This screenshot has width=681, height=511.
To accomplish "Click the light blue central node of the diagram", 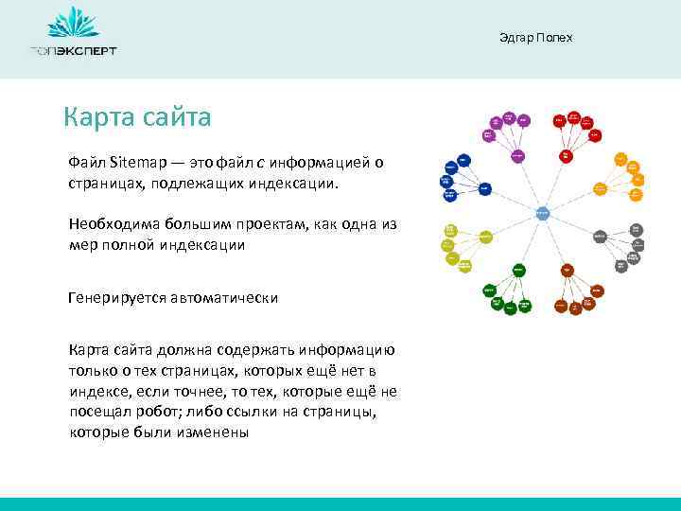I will pyautogui.click(x=542, y=213).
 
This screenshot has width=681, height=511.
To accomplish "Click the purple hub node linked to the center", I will pyautogui.click(x=517, y=154).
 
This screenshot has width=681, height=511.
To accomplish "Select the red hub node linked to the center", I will pyautogui.click(x=566, y=154).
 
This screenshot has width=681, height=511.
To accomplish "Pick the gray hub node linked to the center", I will pyautogui.click(x=600, y=237).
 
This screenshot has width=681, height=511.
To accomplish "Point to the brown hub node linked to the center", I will pyautogui.click(x=567, y=270).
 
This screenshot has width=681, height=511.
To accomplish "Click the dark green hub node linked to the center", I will pyautogui.click(x=517, y=270).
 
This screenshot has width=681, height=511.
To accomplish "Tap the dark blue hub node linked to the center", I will pyautogui.click(x=483, y=188).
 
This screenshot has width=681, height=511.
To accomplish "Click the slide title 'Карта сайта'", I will pyautogui.click(x=137, y=117).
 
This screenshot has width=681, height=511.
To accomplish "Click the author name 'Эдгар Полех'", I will pyautogui.click(x=535, y=38).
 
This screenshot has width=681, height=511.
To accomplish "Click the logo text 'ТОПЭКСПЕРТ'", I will pyautogui.click(x=73, y=50).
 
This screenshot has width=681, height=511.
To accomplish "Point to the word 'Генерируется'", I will pyautogui.click(x=116, y=297).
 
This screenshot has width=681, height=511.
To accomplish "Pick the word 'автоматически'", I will pyautogui.click(x=224, y=297).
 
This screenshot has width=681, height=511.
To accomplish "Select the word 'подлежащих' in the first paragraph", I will pyautogui.click(x=188, y=181).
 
